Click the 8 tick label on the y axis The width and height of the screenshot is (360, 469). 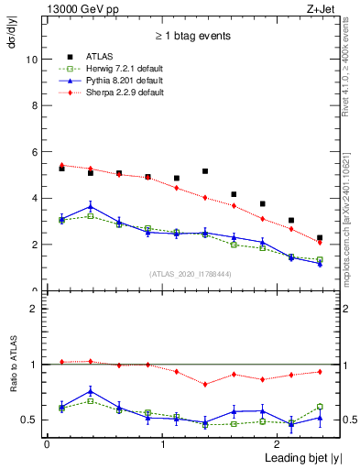click(35, 105)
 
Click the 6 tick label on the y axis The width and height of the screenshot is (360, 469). click(35, 152)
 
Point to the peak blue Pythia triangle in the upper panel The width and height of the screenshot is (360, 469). click(90, 206)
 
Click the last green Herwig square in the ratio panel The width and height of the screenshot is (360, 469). click(320, 407)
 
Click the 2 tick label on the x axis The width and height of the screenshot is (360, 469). click(278, 444)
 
